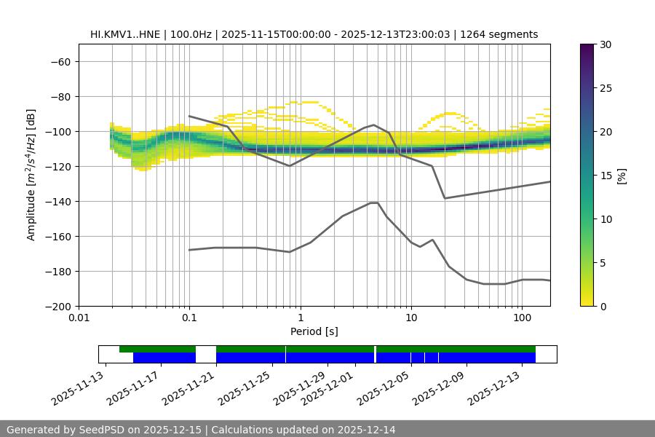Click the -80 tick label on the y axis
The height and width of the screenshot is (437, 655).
click(x=60, y=96)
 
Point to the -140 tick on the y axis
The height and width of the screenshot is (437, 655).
click(x=60, y=201)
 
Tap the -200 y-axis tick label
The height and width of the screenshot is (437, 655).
click(x=60, y=306)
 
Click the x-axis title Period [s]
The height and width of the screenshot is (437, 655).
click(x=314, y=331)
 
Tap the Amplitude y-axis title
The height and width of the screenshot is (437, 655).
click(x=31, y=175)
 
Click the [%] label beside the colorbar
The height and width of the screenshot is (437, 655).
click(x=621, y=176)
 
